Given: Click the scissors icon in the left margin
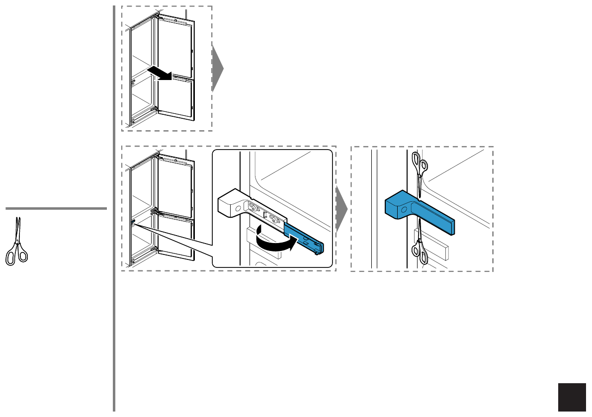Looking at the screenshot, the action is point(16,242).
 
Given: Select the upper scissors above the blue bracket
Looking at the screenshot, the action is point(420,171).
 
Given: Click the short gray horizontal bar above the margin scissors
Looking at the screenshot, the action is point(56,209).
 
